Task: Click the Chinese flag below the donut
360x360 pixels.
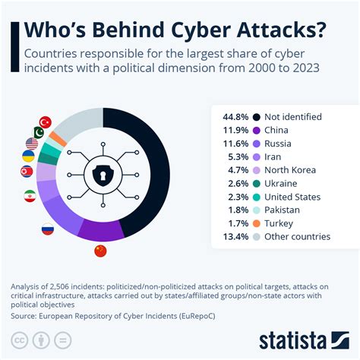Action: pos(100,251)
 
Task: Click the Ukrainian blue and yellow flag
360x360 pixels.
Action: pos(27,157)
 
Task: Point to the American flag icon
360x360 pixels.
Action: pos(32,143)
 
